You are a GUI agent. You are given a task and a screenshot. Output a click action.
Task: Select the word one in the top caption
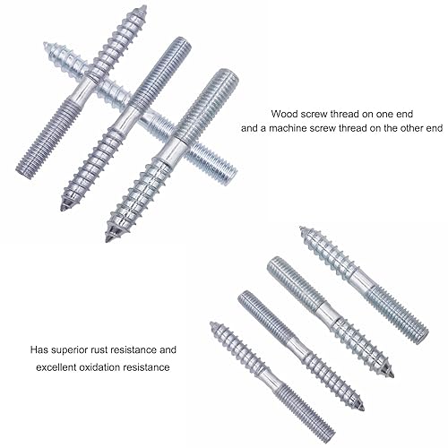click(385, 115)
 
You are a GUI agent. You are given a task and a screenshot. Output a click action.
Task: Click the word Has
click(39, 349)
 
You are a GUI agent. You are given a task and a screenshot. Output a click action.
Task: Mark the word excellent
click(56, 367)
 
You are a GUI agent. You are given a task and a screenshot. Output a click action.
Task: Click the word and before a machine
click(249, 128)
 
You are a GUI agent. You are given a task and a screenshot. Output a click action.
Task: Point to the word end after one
click(406, 114)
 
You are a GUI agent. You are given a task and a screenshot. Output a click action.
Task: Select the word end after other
click(435, 128)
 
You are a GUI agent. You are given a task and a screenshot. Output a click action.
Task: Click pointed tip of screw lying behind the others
click(45, 44)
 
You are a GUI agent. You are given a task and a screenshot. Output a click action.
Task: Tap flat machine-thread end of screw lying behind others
click(232, 177)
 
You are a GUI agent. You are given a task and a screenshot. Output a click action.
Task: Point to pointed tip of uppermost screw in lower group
click(301, 228)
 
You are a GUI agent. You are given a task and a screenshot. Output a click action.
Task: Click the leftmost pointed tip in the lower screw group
click(211, 323)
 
